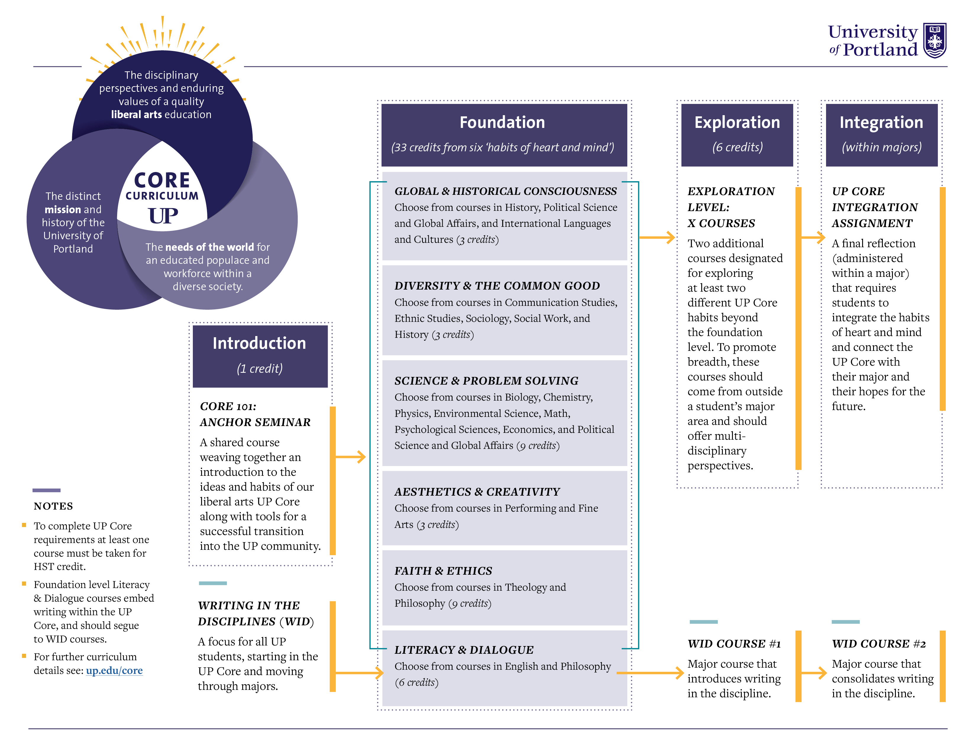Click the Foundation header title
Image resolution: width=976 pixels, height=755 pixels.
click(502, 122)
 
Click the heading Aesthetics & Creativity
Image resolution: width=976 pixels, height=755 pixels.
click(477, 491)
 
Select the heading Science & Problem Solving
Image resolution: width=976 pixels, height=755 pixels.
click(486, 381)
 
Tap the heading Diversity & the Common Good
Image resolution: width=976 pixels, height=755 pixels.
click(497, 285)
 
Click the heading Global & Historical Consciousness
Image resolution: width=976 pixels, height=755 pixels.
click(505, 191)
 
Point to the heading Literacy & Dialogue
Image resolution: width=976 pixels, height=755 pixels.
click(464, 649)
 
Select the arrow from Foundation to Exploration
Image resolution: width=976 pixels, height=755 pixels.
click(657, 237)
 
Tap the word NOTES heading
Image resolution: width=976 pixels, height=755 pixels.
click(53, 506)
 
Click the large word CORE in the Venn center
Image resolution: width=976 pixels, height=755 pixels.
click(162, 180)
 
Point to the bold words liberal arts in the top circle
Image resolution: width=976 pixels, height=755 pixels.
click(136, 115)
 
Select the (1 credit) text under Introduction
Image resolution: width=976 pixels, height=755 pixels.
click(260, 369)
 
